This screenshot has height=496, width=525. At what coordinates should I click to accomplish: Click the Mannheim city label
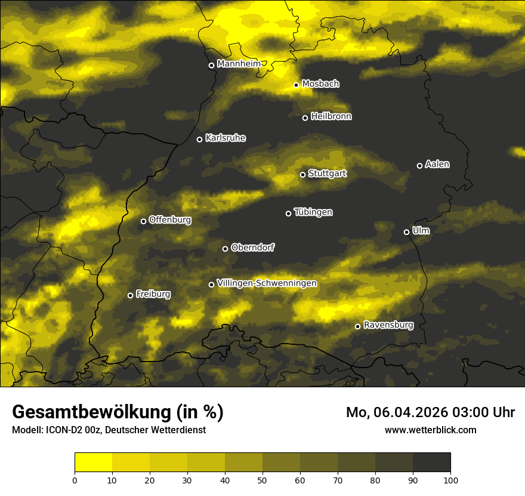(239, 64)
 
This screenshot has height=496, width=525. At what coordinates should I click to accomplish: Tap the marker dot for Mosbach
(296, 85)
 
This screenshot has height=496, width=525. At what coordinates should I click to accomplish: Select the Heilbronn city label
(331, 117)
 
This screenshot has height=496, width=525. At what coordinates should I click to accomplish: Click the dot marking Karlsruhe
(199, 139)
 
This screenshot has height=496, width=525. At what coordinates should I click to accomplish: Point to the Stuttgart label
(328, 173)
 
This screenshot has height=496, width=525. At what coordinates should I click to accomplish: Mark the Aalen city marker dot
(419, 166)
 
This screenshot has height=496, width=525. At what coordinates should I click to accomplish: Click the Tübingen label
(313, 212)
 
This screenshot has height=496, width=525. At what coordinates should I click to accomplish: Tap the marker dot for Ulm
(406, 232)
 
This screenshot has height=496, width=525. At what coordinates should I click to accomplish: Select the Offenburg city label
(170, 220)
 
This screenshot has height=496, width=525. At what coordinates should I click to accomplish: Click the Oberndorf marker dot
(225, 249)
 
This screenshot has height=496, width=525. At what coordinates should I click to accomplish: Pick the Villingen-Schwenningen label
(267, 283)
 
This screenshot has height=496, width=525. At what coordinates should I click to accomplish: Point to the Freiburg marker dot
(130, 295)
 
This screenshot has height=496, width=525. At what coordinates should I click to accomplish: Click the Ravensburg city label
(388, 325)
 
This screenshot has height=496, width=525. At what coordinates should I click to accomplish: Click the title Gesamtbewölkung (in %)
(118, 412)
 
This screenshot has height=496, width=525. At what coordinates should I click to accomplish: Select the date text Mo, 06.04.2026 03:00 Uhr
(430, 412)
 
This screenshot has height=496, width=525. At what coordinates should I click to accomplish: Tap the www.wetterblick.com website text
(430, 430)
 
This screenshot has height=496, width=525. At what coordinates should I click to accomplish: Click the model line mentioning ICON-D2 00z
(109, 430)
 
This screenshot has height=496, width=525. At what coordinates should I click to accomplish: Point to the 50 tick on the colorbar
(262, 480)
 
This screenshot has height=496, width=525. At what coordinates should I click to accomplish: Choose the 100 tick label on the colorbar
(450, 480)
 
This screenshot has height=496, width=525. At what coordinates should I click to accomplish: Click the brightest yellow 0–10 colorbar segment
(94, 463)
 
